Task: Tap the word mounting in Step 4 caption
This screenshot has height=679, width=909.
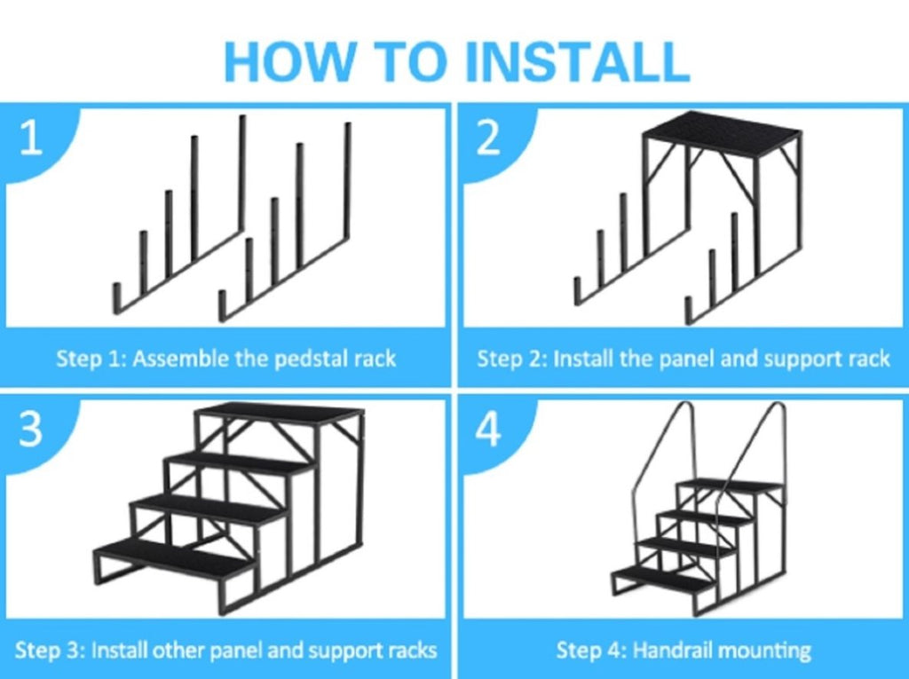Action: pos(764,651)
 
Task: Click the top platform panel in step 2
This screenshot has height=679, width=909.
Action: pos(721,134)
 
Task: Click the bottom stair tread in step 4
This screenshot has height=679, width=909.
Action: pos(663,578)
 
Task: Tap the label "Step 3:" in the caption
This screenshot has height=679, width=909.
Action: pos(50,650)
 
